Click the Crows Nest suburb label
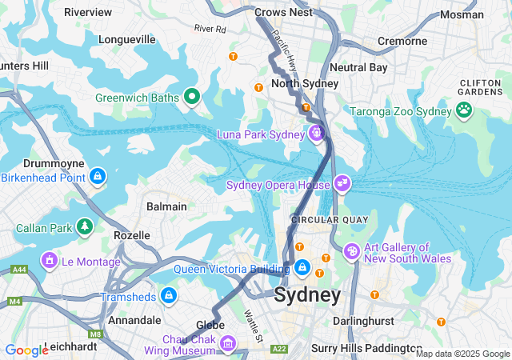tap(282, 13)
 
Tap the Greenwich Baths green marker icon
tap(191, 98)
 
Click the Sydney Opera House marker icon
tap(342, 184)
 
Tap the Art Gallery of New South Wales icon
tap(351, 252)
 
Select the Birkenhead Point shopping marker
tap(97, 176)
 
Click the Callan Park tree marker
tap(85, 228)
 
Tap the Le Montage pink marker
tap(50, 261)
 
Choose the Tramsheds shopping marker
tap(168, 296)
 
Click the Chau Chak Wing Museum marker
tap(229, 343)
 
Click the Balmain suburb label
tap(166, 206)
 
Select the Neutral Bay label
tap(358, 68)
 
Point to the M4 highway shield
tap(14, 302)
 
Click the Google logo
tap(26, 350)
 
